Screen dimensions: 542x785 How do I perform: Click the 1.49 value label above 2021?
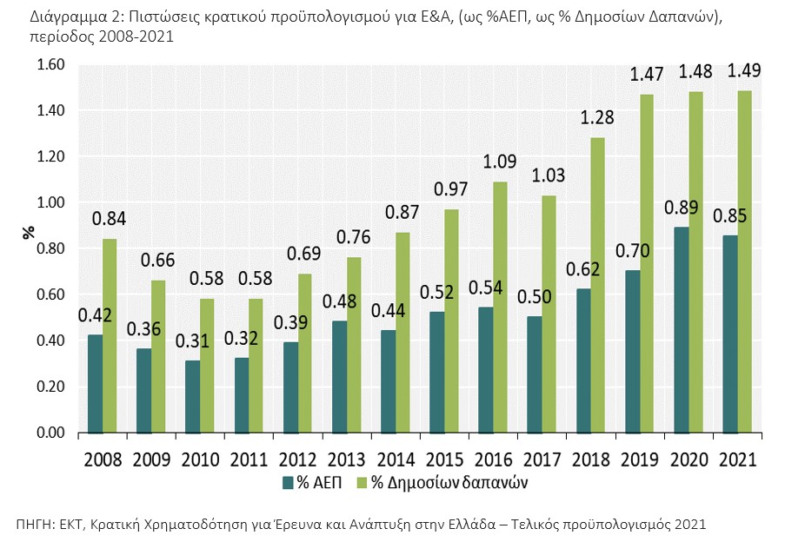[x=744, y=70]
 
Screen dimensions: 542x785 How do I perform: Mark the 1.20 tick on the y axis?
[x=50, y=156]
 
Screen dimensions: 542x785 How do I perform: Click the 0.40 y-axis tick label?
[x=50, y=340]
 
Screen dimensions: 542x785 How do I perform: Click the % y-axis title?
[x=29, y=232]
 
